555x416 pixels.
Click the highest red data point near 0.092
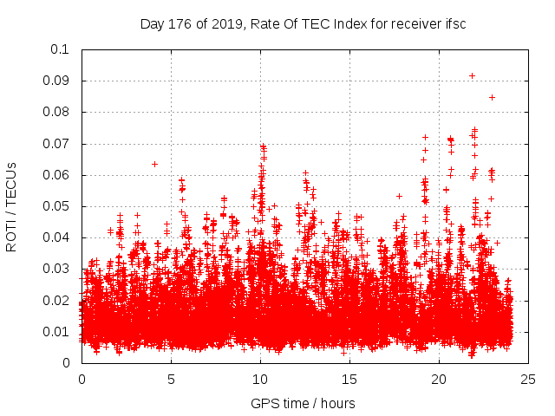472,75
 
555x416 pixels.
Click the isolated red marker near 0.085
492,97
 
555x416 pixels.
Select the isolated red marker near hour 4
154,164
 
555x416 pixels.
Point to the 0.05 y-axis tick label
59,206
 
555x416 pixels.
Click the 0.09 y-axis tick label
59,81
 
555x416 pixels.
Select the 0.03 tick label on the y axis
59,269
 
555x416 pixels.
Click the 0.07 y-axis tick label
59,143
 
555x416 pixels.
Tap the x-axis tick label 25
528,380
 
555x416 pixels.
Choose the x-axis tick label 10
260,380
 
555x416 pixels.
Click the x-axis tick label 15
349,380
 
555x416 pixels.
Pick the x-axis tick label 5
171,380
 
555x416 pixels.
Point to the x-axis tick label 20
439,380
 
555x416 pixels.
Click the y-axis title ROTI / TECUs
11,206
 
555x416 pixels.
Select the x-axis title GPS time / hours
303,403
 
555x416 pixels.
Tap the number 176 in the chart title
179,24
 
